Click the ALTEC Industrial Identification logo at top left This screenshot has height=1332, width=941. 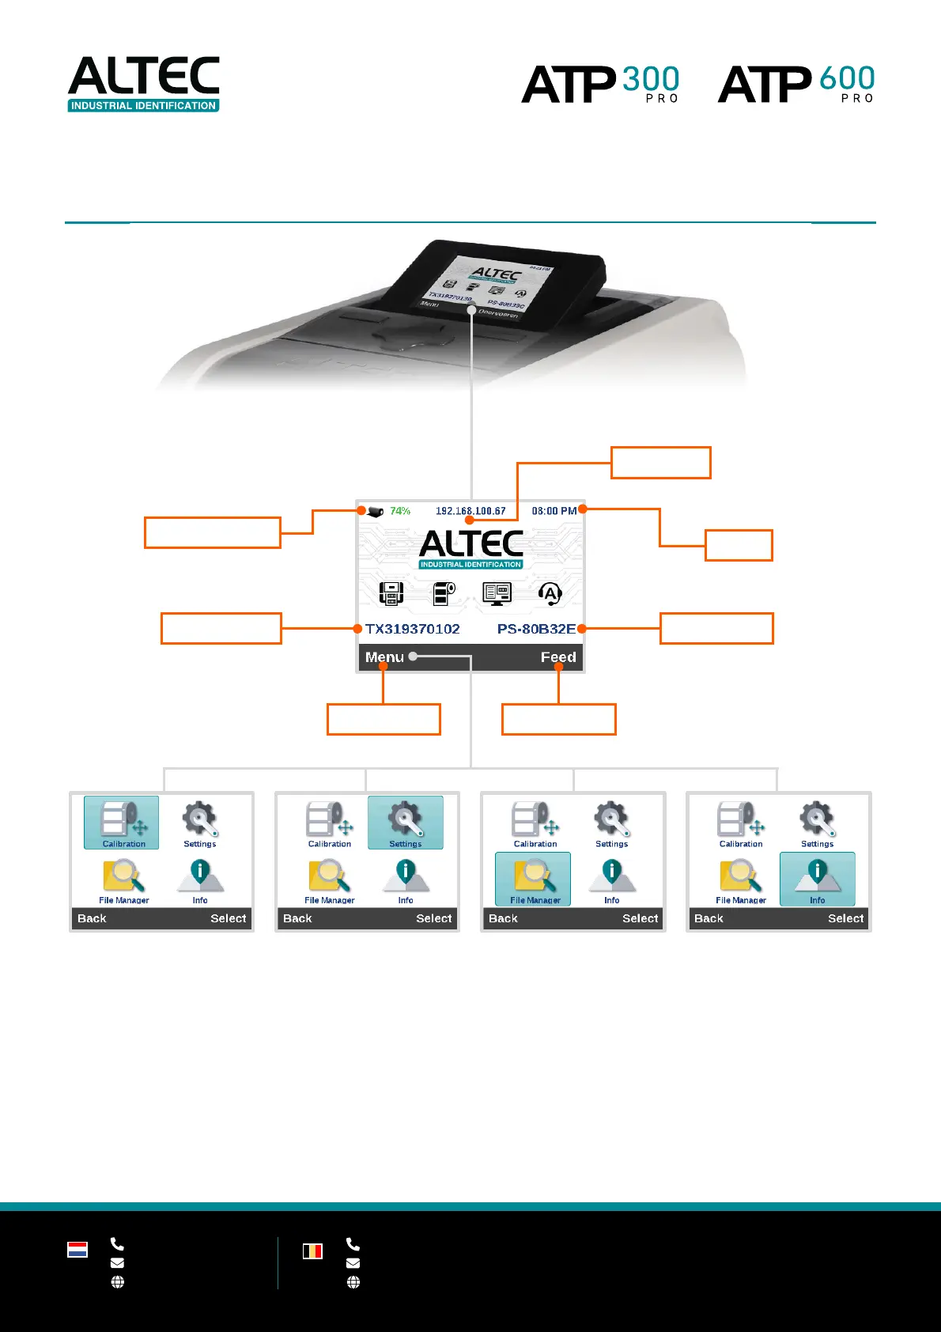[x=143, y=83]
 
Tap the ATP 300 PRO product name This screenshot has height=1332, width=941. [x=600, y=84]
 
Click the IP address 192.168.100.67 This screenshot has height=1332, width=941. [x=470, y=511]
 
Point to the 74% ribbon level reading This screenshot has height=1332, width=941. [x=400, y=511]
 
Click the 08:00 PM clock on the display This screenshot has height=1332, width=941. [x=554, y=511]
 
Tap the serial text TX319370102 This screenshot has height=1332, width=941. [x=412, y=629]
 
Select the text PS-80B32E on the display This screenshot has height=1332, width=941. [x=536, y=629]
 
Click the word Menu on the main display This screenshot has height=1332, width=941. [x=384, y=657]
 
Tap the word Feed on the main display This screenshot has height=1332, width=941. [x=558, y=657]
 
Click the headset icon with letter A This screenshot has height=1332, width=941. [x=550, y=593]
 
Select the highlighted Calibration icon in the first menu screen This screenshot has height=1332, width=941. [x=122, y=823]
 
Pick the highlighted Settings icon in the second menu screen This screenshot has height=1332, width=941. [x=406, y=823]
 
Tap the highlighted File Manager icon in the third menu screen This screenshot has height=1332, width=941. [x=533, y=879]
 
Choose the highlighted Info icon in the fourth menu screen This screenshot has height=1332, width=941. [x=818, y=879]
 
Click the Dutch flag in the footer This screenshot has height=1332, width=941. [x=77, y=1250]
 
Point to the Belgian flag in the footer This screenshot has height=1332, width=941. [x=312, y=1251]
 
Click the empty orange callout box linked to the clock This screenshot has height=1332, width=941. [x=739, y=546]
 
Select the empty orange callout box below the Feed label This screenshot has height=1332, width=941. [x=559, y=720]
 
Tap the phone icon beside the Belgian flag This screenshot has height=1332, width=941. [x=353, y=1244]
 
